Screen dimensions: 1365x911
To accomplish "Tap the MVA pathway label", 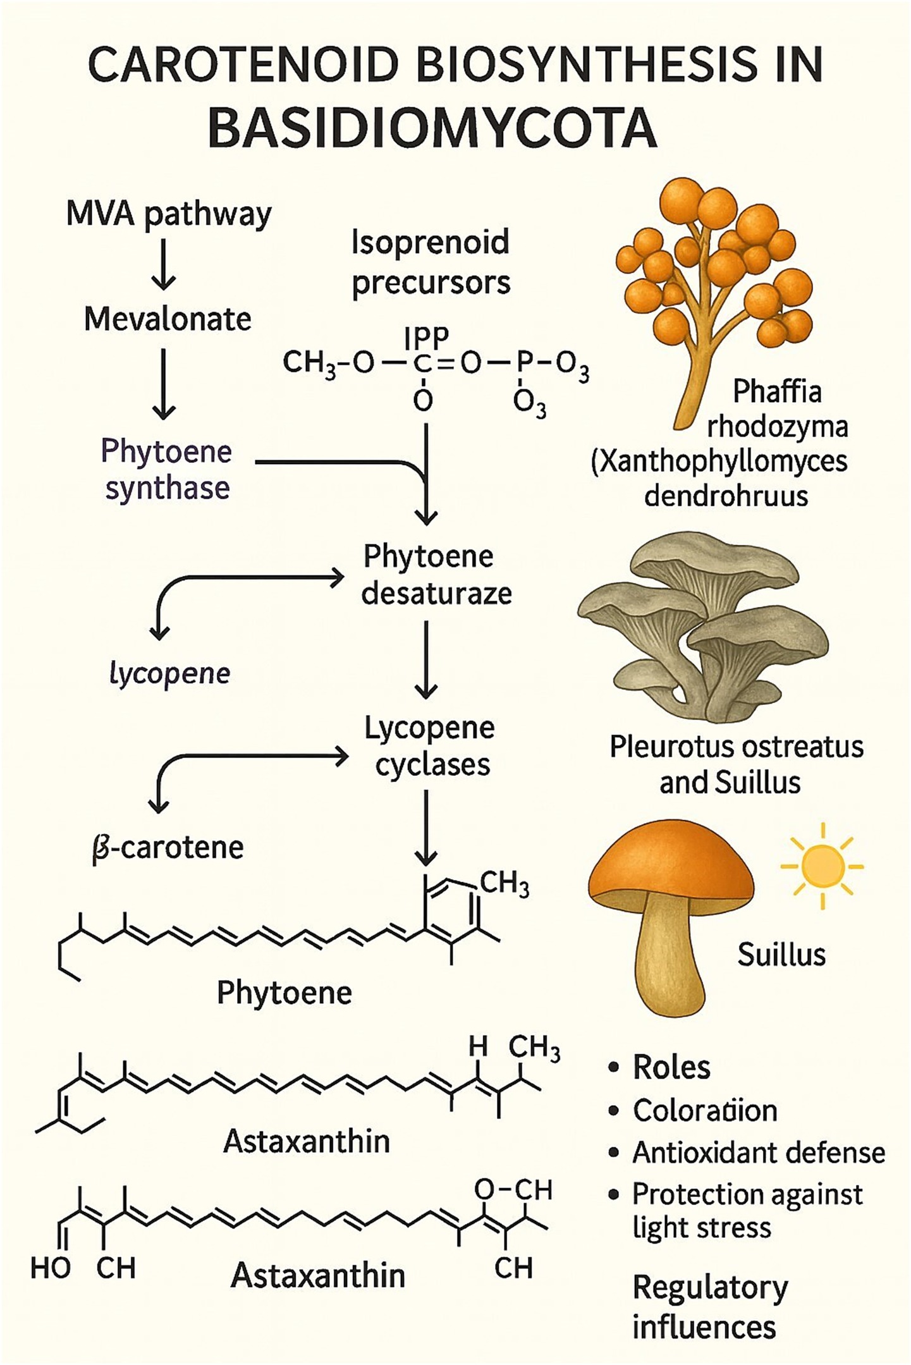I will pyautogui.click(x=169, y=215).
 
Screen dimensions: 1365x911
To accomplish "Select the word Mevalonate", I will pyautogui.click(x=168, y=319).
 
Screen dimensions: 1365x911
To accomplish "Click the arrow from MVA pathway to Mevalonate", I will pyautogui.click(x=164, y=264).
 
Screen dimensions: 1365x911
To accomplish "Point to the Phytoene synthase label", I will pyautogui.click(x=167, y=470).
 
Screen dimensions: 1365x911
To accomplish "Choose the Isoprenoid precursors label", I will pyautogui.click(x=431, y=262).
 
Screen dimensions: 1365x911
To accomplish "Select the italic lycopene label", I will pyautogui.click(x=169, y=674).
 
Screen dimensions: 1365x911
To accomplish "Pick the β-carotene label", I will pyautogui.click(x=168, y=848).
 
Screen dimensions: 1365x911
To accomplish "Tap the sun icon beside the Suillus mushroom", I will pyautogui.click(x=821, y=866).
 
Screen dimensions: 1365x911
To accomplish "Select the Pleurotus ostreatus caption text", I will pyautogui.click(x=736, y=747).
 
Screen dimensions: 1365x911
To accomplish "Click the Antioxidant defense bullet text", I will pyautogui.click(x=758, y=1153).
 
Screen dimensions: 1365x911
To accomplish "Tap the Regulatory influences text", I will pyautogui.click(x=709, y=1307).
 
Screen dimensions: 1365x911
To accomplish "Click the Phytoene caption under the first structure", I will pyautogui.click(x=284, y=993).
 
